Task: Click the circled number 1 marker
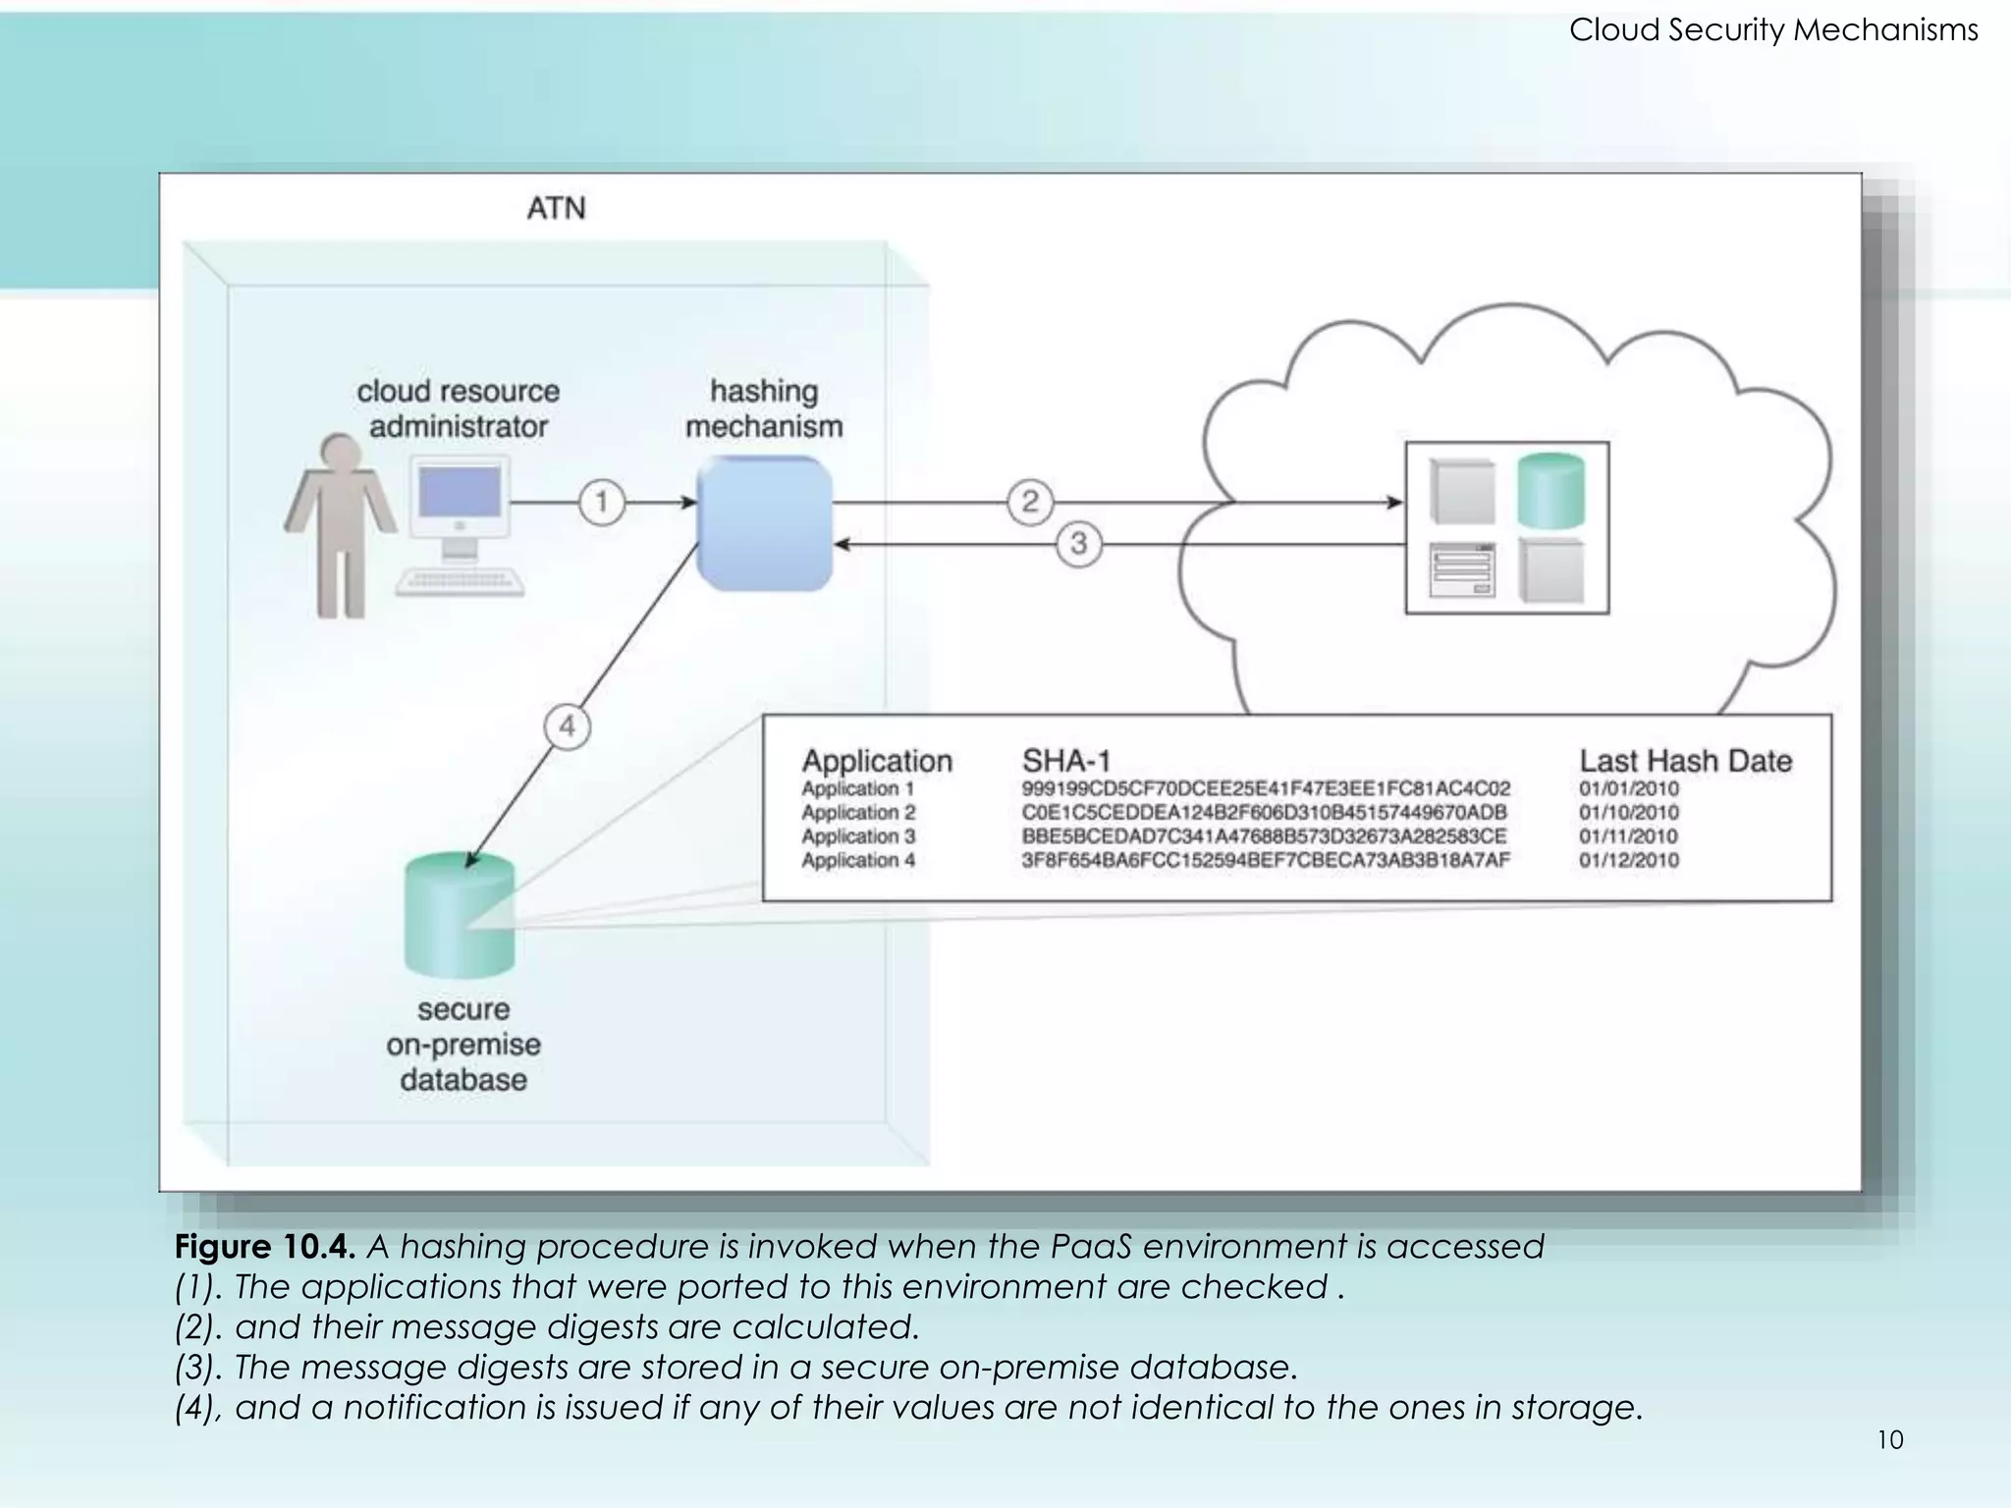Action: click(601, 503)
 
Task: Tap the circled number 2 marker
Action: click(1029, 502)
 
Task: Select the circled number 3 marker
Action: click(1078, 543)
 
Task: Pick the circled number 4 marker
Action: click(568, 727)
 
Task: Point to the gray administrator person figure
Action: click(340, 525)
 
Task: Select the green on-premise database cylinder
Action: click(460, 915)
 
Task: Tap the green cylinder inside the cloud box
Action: click(1550, 490)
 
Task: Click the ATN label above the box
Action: click(556, 208)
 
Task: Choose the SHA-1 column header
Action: click(1066, 761)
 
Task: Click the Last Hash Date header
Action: click(1685, 761)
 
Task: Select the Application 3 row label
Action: click(858, 836)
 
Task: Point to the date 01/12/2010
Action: click(1629, 860)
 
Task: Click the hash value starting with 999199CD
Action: click(1265, 788)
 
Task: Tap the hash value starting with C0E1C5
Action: click(1264, 813)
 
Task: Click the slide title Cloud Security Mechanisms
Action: click(1772, 30)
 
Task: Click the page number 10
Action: click(1890, 1440)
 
